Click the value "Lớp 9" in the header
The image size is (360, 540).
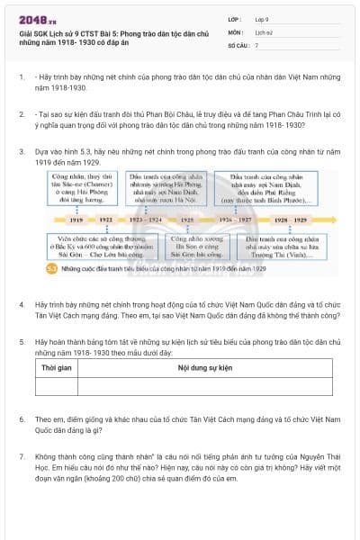coord(263,18)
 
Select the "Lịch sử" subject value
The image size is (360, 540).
coord(265,31)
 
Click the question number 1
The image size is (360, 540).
coord(22,78)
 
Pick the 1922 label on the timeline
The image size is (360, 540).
coord(106,219)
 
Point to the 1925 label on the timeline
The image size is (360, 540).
coord(184,219)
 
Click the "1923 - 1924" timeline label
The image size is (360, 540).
coord(145,219)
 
